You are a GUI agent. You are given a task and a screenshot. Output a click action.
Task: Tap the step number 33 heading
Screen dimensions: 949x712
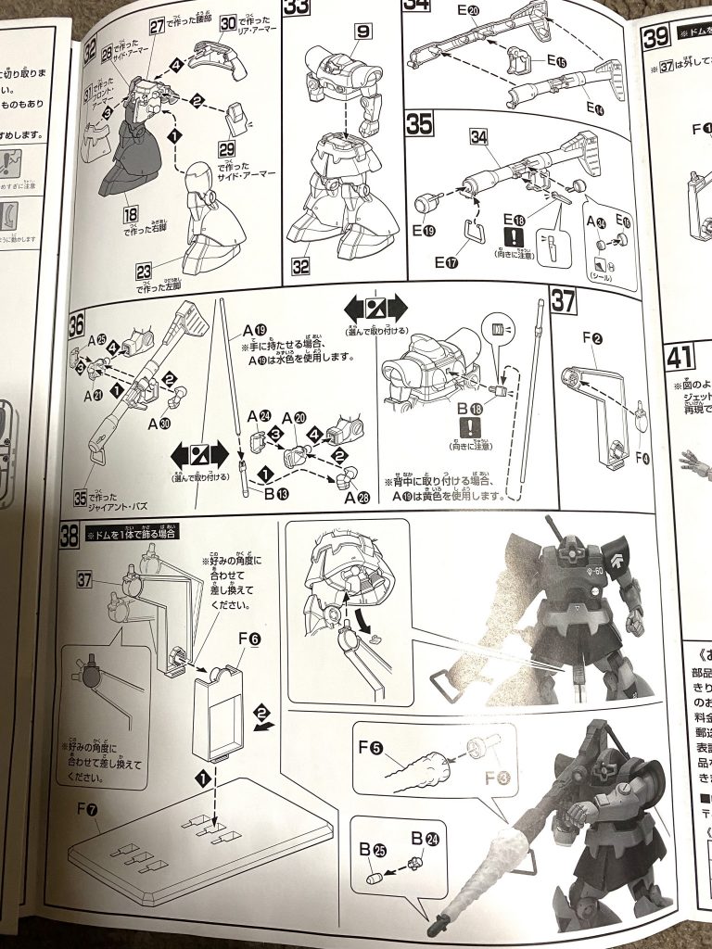pyautogui.click(x=298, y=12)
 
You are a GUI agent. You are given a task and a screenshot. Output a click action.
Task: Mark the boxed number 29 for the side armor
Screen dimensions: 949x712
pyautogui.click(x=245, y=148)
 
